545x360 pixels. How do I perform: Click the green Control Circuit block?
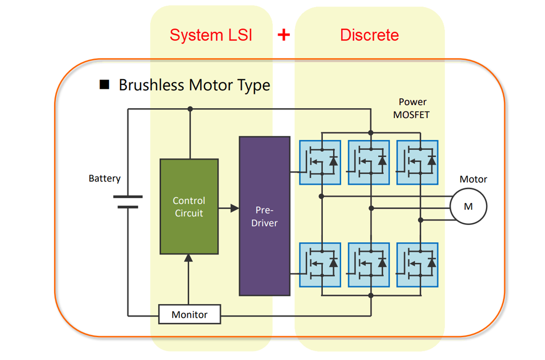189,206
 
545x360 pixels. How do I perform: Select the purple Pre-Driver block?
264,216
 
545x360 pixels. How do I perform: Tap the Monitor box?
189,315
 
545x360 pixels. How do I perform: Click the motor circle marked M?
468,206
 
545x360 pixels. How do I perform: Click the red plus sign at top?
284,35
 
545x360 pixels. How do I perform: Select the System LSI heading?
211,35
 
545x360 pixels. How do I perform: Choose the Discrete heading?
369,35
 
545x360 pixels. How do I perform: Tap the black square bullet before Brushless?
104,85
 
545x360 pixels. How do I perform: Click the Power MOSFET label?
411,109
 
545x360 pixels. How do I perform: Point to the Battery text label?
104,179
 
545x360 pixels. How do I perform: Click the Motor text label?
473,179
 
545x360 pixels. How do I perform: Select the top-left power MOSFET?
320,162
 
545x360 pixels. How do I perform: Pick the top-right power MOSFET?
417,162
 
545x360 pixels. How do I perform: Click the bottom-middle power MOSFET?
368,265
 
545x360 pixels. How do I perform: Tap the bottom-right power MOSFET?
417,265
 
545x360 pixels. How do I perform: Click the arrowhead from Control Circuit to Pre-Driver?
234,208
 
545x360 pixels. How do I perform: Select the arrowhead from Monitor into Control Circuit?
189,258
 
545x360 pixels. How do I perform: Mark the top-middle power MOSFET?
368,162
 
